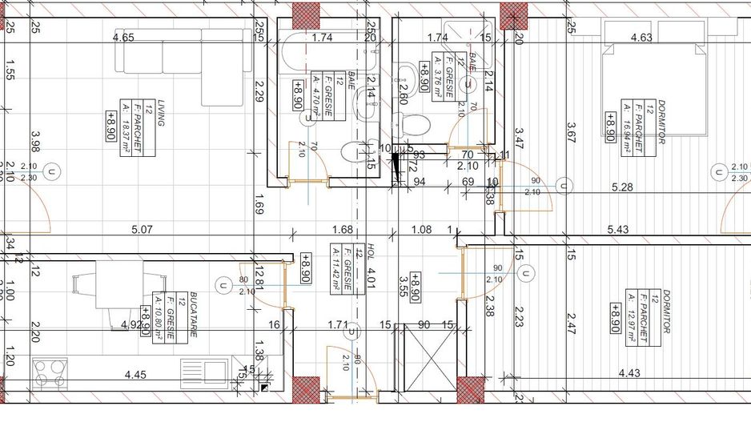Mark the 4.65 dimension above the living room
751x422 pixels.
click(123, 38)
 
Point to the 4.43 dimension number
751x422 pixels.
click(630, 372)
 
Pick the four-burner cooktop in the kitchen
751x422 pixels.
click(50, 373)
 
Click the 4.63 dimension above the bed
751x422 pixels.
click(641, 38)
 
